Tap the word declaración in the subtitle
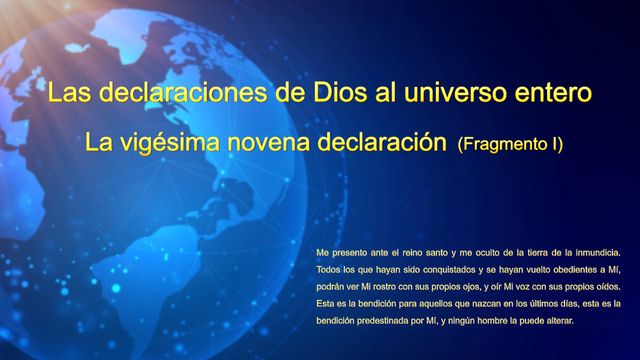pos(381,143)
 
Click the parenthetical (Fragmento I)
pos(510,144)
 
